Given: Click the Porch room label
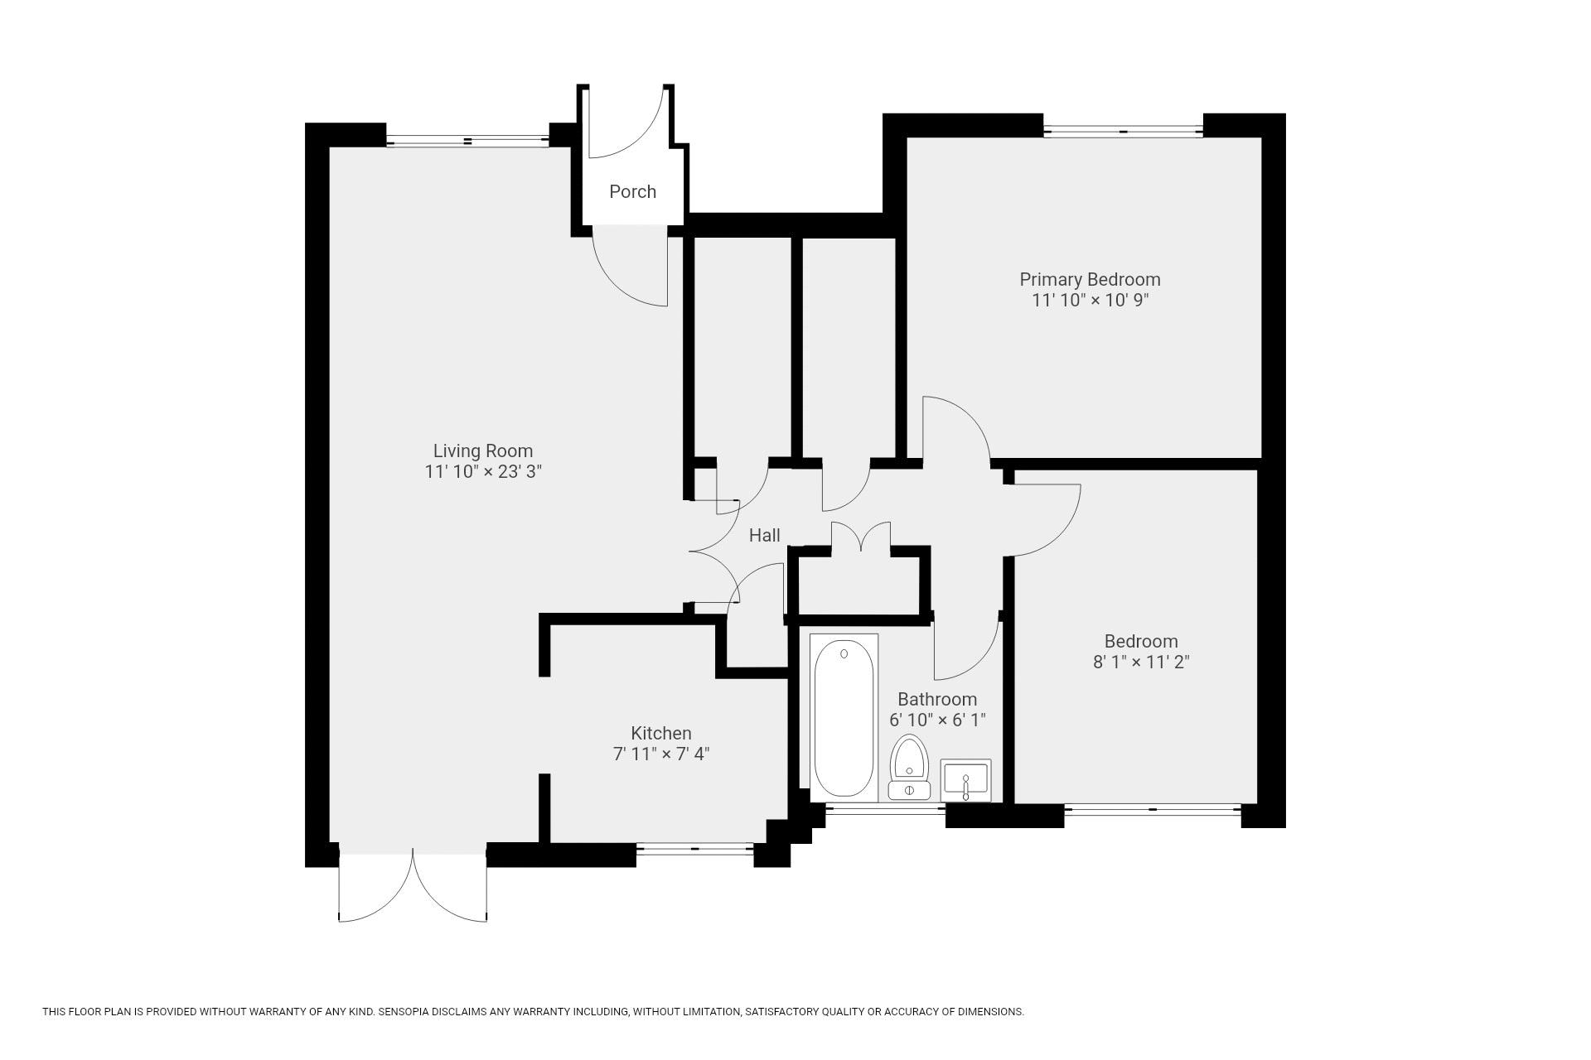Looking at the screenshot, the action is click(632, 191).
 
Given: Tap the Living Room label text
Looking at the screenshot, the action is click(483, 450).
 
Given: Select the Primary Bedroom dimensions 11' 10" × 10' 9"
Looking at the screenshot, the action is click(1090, 300).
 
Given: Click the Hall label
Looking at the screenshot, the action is click(764, 535).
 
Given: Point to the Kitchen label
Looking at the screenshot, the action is click(661, 733).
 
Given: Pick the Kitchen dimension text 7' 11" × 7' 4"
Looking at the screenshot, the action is click(661, 754).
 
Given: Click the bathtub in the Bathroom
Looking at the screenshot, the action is click(844, 718).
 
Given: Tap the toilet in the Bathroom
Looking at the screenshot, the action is click(909, 767).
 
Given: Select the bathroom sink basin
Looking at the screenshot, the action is click(965, 780).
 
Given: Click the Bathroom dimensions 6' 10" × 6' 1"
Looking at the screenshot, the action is click(937, 720).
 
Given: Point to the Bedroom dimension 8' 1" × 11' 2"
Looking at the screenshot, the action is click(1141, 662).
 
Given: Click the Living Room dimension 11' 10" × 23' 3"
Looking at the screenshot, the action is click(483, 471).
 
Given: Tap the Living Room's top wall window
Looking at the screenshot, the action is click(467, 142).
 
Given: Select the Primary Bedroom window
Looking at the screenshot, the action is click(1123, 131).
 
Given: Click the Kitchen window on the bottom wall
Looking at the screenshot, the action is click(694, 849).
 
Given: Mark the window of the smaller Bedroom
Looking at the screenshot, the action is click(1152, 809).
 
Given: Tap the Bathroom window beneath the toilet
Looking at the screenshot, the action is click(885, 809).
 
